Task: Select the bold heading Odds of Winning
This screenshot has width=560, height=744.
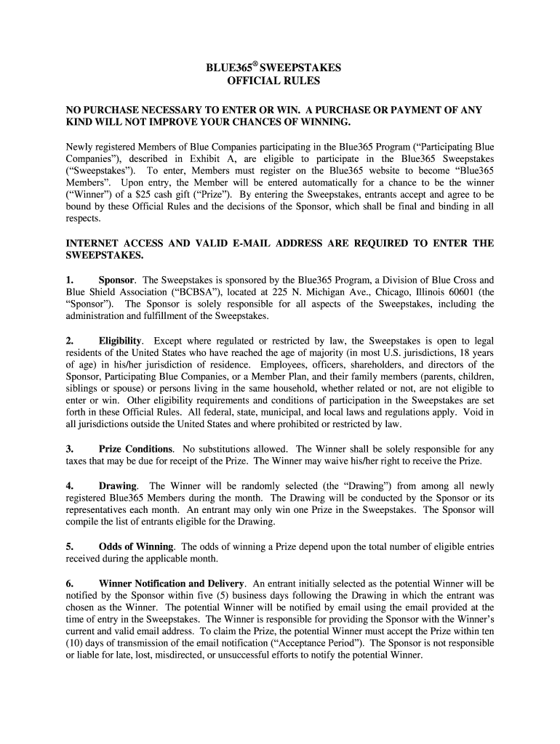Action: pyautogui.click(x=136, y=546)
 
